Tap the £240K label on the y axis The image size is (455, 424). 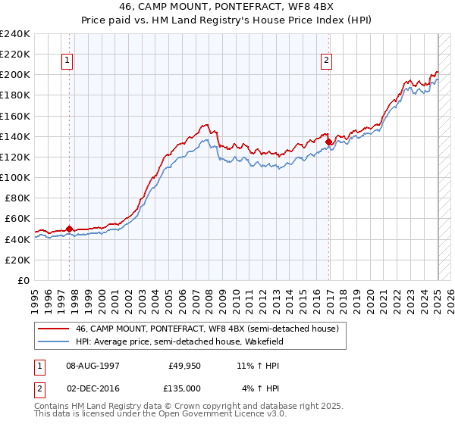[15, 33]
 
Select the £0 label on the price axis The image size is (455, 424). [25, 280]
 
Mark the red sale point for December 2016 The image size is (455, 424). [328, 141]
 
